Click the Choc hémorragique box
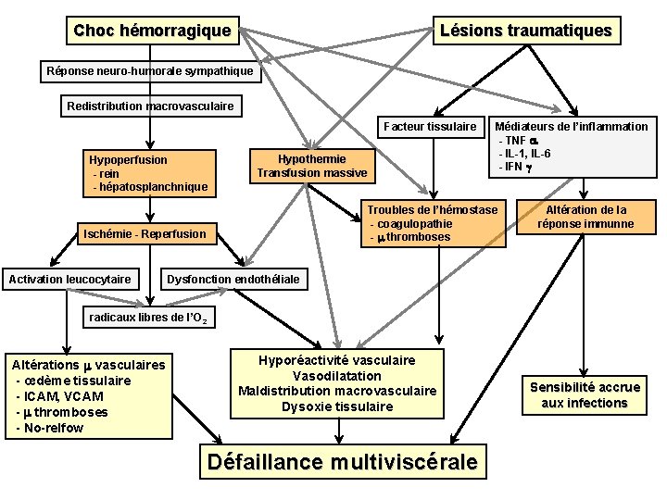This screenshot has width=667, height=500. pyautogui.click(x=152, y=31)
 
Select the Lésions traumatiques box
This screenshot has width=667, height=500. pyautogui.click(x=525, y=31)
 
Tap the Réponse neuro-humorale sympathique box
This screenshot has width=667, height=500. pyautogui.click(x=149, y=70)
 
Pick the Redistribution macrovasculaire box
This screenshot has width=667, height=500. pyautogui.click(x=150, y=106)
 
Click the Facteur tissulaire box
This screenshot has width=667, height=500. pyautogui.click(x=430, y=126)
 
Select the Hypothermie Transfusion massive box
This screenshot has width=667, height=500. pyautogui.click(x=311, y=166)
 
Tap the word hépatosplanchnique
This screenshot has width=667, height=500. pyautogui.click(x=150, y=187)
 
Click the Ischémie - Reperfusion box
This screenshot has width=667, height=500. pyautogui.click(x=145, y=233)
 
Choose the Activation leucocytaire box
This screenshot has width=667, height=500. pyautogui.click(x=69, y=279)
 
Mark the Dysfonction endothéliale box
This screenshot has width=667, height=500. pyautogui.click(x=233, y=279)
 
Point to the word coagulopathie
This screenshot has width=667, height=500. pyautogui.click(x=411, y=223)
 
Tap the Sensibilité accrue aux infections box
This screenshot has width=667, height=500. pyautogui.click(x=584, y=394)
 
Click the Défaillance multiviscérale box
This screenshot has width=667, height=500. pyautogui.click(x=344, y=461)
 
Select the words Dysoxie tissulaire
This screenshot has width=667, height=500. pyautogui.click(x=337, y=406)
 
